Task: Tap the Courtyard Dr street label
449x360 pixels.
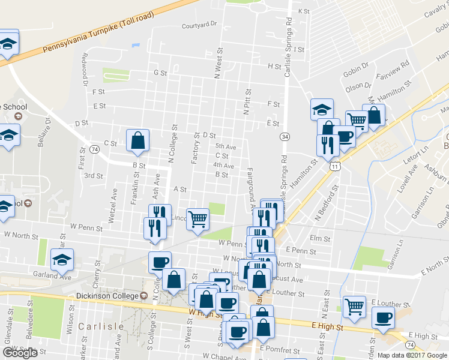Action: (x=199, y=25)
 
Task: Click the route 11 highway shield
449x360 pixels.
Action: (x=334, y=166)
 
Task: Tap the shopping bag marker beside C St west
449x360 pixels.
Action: (x=138, y=140)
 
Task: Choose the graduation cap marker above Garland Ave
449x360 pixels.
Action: (x=62, y=260)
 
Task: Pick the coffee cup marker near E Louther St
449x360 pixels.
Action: (x=382, y=317)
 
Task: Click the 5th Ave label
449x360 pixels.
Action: (x=226, y=146)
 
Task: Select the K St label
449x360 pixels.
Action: (x=304, y=11)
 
